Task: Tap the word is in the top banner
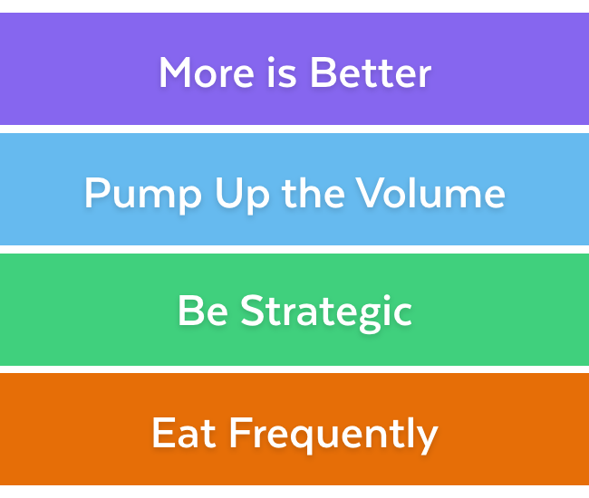pos(282,72)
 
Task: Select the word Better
pos(371,72)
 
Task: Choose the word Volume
pos(430,193)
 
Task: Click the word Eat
pos(185,432)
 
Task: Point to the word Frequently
pos(333,434)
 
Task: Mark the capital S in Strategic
pos(253,311)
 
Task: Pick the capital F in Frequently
pos(239,432)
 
